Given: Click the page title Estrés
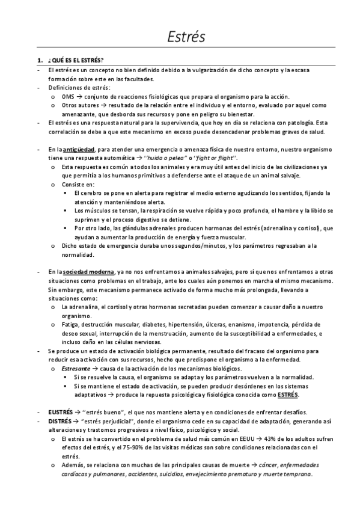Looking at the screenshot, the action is [186, 37].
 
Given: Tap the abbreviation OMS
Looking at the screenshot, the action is [68, 97].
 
